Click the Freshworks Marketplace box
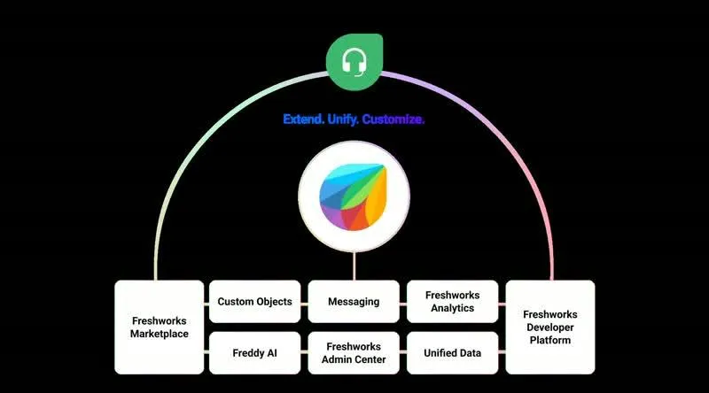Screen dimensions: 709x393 [x=160, y=327]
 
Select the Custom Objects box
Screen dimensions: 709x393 [x=254, y=301]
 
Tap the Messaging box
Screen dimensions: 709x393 [x=354, y=301]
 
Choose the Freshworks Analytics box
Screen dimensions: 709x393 [x=452, y=301]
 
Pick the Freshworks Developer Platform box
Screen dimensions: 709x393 [x=549, y=327]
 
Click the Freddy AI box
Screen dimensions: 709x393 [x=254, y=353]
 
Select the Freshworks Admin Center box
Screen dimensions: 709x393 [x=354, y=353]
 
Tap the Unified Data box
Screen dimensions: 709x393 [x=452, y=353]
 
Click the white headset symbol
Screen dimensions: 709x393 [x=354, y=62]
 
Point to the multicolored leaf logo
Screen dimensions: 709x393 [x=353, y=197]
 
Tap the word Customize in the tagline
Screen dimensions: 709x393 [x=393, y=119]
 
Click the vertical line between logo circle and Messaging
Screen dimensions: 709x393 [x=354, y=266]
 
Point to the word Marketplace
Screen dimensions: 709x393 [x=160, y=334]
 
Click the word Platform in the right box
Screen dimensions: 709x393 [x=549, y=340]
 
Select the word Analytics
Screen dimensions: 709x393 [x=452, y=308]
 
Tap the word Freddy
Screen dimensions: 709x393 [x=245, y=353]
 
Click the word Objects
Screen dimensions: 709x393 [x=273, y=302]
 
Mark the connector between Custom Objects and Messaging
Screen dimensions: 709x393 [x=304, y=304]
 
